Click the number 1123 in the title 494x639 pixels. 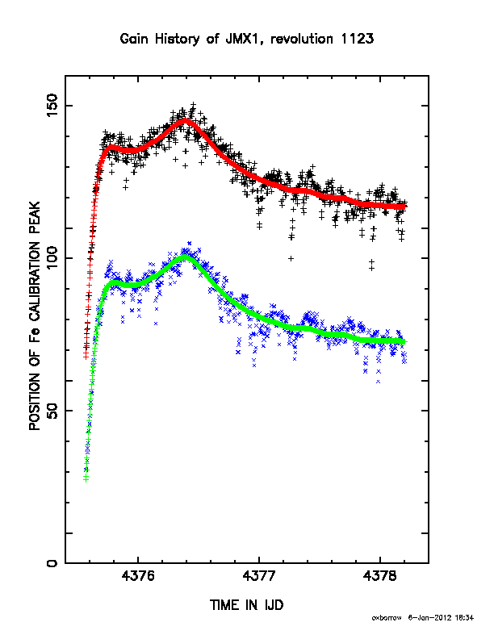coord(357,39)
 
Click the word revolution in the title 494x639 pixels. coord(302,39)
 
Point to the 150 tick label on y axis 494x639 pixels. coord(52,105)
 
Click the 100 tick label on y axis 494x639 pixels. coord(52,258)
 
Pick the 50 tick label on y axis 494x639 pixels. coord(52,411)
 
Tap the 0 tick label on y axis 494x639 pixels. coord(52,563)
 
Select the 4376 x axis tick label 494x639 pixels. coord(138,576)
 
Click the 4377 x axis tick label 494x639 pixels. coord(259,576)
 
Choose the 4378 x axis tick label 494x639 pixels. coord(380,576)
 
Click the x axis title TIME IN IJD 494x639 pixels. coord(246,605)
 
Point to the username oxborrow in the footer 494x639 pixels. coord(387,618)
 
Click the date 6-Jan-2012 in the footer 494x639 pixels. coord(429,618)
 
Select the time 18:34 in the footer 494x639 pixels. coord(465,618)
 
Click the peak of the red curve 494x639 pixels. coord(185,120)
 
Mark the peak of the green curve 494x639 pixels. coord(186,257)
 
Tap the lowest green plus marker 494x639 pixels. coord(86,478)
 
